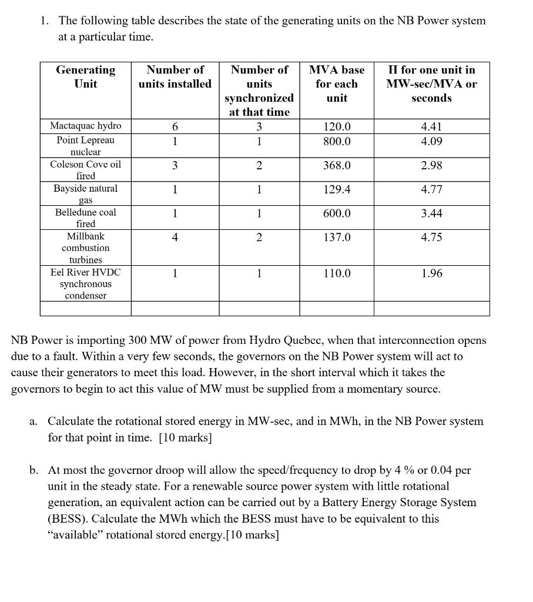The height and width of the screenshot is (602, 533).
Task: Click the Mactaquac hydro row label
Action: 85,126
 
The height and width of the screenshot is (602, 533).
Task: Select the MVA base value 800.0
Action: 337,142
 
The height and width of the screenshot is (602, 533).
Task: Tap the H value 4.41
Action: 431,126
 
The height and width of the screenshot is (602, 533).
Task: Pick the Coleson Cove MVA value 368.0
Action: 337,166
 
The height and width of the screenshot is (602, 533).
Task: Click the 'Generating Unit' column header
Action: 85,77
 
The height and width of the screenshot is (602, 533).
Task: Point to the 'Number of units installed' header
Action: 175,77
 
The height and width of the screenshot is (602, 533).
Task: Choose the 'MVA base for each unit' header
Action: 337,83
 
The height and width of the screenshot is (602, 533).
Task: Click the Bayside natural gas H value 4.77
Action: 431,190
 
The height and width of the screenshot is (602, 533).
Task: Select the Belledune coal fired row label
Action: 85,218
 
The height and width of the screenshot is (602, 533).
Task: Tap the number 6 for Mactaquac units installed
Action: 175,126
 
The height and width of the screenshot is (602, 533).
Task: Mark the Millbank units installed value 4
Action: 175,238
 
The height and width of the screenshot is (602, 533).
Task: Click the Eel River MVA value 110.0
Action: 337,273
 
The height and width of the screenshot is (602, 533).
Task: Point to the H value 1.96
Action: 431,273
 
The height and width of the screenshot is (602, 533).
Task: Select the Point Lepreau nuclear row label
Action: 85,146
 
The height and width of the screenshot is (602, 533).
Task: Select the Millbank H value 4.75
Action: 431,238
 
